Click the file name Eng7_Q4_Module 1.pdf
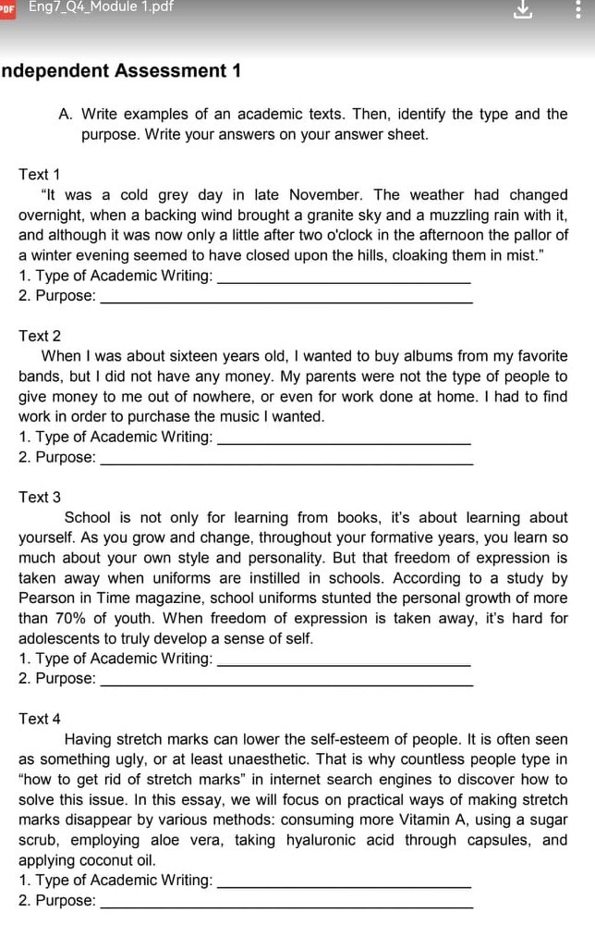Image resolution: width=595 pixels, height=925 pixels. click(x=101, y=7)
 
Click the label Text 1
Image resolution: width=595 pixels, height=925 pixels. click(x=40, y=175)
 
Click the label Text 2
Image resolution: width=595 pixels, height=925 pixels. click(x=40, y=336)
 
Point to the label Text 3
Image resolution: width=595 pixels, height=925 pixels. click(x=40, y=497)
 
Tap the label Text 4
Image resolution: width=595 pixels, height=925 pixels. click(x=40, y=719)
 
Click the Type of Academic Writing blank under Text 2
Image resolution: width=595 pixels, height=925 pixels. click(x=343, y=438)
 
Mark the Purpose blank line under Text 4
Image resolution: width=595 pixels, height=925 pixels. click(x=285, y=902)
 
